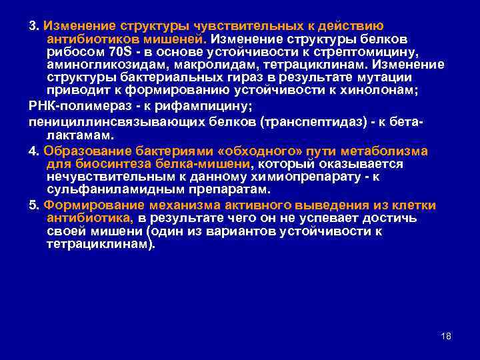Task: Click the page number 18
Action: (446, 335)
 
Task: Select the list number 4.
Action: (32, 151)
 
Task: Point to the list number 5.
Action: (32, 205)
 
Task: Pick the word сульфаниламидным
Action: (106, 189)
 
